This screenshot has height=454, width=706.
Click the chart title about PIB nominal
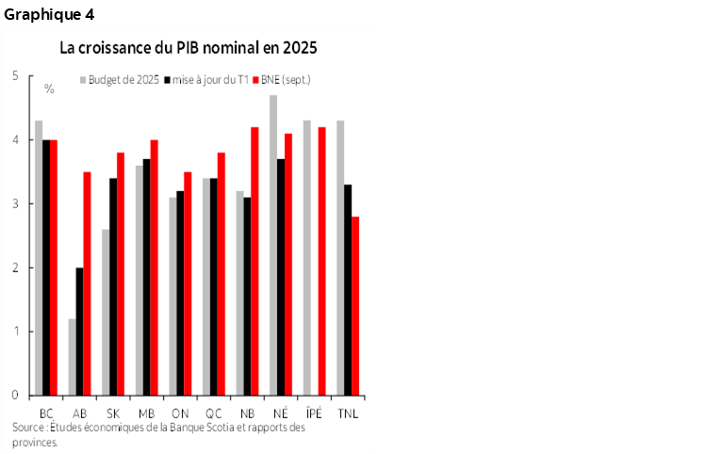pyautogui.click(x=189, y=47)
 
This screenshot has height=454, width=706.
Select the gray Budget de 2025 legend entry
pyautogui.click(x=122, y=80)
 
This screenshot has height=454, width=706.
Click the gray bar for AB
pyautogui.click(x=73, y=357)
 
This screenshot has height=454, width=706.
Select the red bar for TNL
pyautogui.click(x=354, y=306)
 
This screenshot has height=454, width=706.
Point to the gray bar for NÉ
pyautogui.click(x=273, y=245)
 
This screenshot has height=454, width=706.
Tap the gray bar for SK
pyautogui.click(x=106, y=312)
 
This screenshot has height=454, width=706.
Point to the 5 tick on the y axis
pyautogui.click(x=16, y=75)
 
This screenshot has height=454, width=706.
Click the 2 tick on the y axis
pyautogui.click(x=16, y=268)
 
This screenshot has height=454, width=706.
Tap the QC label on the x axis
pyautogui.click(x=214, y=413)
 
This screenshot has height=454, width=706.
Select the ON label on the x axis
pyautogui.click(x=180, y=413)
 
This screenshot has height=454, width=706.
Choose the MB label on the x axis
pyautogui.click(x=146, y=413)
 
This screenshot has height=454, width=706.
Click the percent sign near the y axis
pyautogui.click(x=49, y=89)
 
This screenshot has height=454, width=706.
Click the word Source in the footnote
pyautogui.click(x=29, y=429)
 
